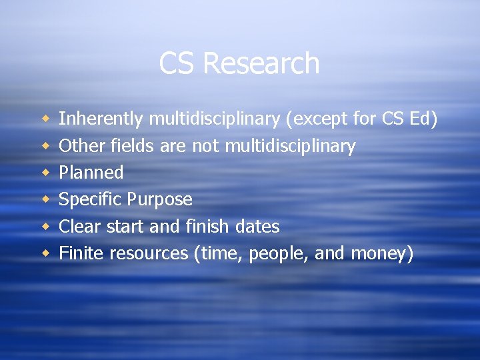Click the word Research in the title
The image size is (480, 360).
[x=261, y=63]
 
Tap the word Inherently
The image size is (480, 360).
[x=101, y=119]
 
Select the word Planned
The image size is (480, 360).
[x=91, y=173]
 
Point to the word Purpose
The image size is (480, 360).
[x=160, y=200]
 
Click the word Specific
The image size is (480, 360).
[x=91, y=200]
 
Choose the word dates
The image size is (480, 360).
[x=257, y=227]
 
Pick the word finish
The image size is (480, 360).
[x=208, y=227]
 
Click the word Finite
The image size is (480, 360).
[x=81, y=253]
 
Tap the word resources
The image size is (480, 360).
[x=149, y=254]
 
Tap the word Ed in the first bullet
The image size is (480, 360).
[x=424, y=119]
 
